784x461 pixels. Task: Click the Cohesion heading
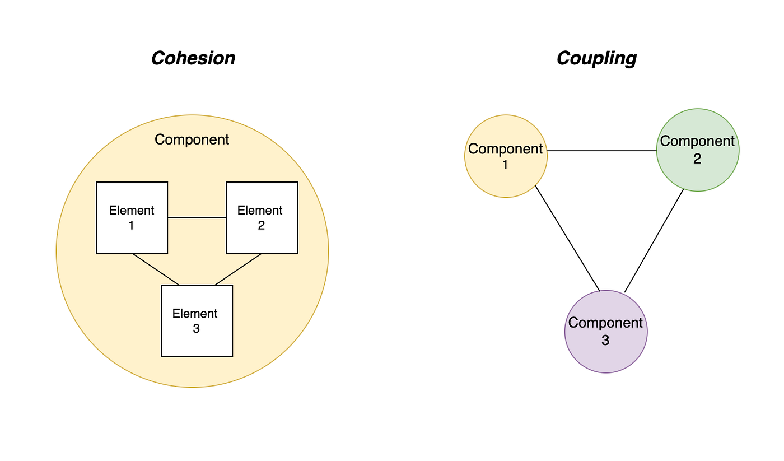click(193, 58)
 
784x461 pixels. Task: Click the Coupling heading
click(597, 59)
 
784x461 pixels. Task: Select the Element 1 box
click(132, 217)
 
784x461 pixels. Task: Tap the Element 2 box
click(262, 217)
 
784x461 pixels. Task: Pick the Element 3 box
click(197, 320)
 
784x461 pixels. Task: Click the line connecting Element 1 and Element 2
click(197, 218)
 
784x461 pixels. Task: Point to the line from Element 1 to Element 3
click(156, 269)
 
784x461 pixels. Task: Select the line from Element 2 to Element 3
click(239, 269)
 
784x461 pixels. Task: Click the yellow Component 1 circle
click(506, 156)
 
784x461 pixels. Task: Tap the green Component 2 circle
click(698, 150)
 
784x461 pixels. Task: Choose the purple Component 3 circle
click(606, 332)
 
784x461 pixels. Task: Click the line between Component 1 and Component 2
click(601, 150)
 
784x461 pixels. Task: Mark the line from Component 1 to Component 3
click(567, 239)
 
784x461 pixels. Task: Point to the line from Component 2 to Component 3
click(654, 241)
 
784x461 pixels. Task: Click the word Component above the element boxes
click(192, 139)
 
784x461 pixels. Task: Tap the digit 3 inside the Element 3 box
click(197, 329)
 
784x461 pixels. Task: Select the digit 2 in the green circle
click(697, 159)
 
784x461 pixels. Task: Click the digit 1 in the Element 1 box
click(131, 225)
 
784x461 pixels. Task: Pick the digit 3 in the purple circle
click(605, 340)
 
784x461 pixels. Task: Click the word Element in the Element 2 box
click(260, 211)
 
